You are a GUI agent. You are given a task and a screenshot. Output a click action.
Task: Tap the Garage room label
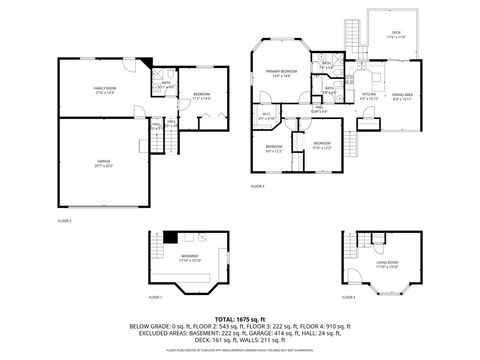pos(102,165)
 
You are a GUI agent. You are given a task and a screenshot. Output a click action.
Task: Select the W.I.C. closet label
pos(265,118)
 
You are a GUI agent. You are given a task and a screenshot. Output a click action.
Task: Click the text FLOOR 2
pos(64,219)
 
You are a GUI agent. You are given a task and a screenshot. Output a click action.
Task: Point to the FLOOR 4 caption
pos(257,186)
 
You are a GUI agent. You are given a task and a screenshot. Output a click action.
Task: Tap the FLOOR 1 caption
pos(155,298)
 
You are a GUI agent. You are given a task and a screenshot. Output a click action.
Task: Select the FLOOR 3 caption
pos(347,298)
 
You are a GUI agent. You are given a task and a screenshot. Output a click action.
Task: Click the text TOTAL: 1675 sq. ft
pos(240,317)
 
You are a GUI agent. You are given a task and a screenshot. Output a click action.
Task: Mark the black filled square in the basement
pos(172,238)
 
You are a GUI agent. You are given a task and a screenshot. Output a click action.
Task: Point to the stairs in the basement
pos(155,250)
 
